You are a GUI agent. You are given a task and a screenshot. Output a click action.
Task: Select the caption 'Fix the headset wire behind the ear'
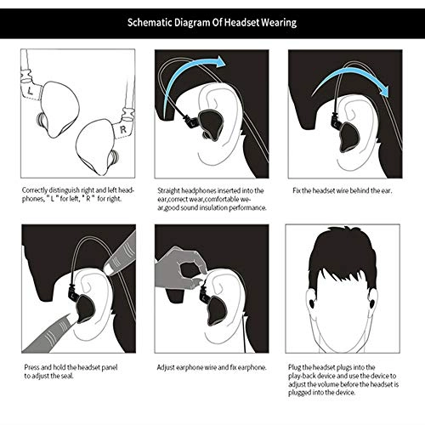point(342,190)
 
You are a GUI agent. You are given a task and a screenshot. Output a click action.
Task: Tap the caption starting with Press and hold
point(68,371)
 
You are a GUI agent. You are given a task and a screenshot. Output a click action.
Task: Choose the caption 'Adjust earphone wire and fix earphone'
point(212,367)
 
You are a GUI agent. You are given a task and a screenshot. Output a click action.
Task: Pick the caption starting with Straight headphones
point(212,199)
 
